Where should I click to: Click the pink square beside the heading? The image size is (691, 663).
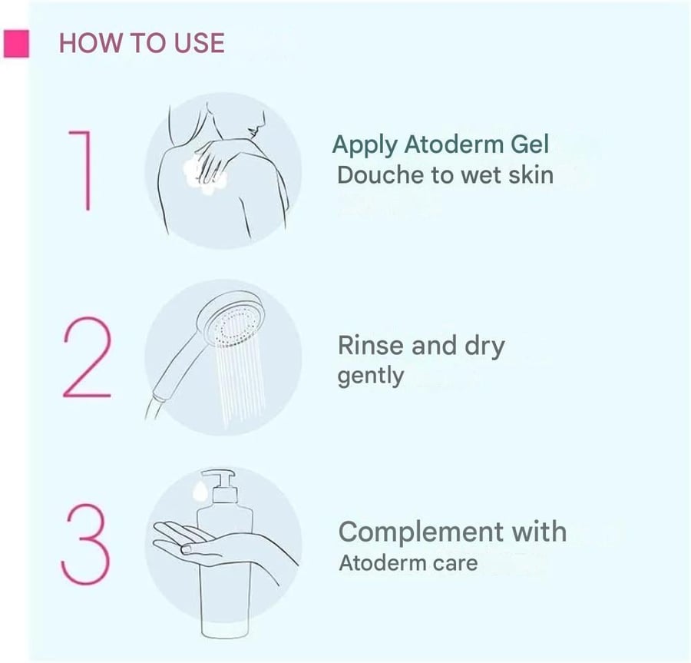(16, 44)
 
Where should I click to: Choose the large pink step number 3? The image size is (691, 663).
(84, 544)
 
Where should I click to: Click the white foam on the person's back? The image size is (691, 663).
(204, 175)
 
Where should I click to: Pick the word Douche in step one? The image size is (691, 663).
(380, 175)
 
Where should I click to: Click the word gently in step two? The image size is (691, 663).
(371, 376)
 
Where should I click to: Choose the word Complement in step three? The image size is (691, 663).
(421, 532)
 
